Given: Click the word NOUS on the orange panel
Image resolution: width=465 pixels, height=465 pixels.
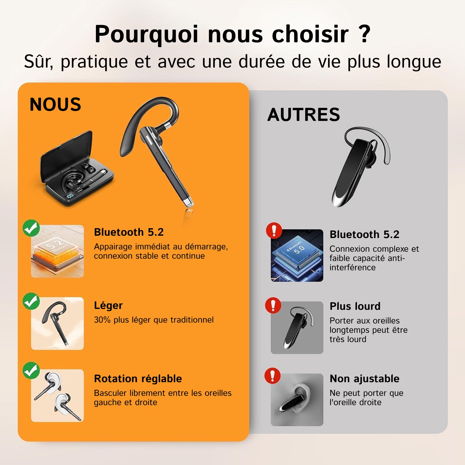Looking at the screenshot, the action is coord(55,104).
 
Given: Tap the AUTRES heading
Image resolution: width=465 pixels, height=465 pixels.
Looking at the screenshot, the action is coord(304,115).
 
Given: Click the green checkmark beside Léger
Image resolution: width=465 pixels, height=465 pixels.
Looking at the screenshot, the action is coord(31,301).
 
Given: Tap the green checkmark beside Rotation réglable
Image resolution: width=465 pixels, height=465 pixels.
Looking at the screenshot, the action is coord(31,371).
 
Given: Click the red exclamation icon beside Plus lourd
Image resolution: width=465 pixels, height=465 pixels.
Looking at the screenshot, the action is coord(273,305).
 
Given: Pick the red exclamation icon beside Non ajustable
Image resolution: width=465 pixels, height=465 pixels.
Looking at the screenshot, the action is coord(272,376).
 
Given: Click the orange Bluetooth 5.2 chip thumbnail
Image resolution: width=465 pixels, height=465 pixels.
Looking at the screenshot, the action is coord(58,251).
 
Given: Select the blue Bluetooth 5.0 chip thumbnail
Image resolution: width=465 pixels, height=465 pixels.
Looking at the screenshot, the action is coord(297,255).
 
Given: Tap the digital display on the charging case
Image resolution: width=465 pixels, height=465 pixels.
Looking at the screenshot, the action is coord(70,196).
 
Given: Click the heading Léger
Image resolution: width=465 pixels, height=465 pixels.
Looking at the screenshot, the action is coord(108,306).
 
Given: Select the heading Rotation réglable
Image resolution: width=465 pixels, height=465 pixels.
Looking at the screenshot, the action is coord(138,379).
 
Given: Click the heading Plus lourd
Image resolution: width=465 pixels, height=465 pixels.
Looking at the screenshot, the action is coord(355,306).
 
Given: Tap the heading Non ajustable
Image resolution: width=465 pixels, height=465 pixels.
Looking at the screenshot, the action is coord(365,379).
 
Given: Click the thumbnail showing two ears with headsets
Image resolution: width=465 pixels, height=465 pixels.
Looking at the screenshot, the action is coord(58,396).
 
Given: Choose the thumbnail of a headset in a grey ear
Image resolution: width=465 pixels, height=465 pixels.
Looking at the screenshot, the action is coord(297,400).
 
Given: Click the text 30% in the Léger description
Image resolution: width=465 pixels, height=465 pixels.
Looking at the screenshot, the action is coord(102,320).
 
